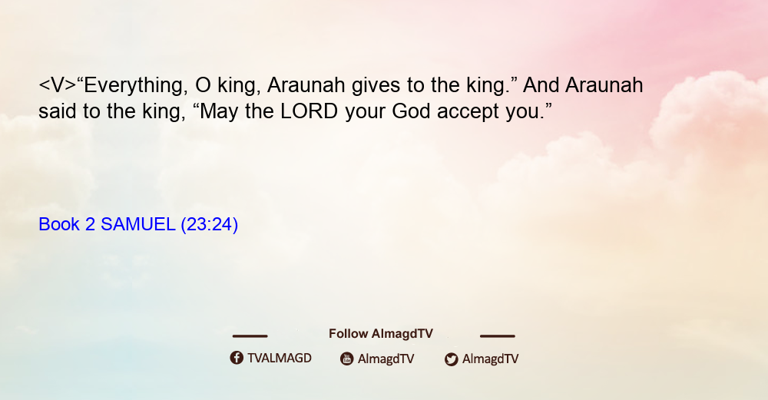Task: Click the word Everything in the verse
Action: pos(136,86)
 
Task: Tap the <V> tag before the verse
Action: pos(58,85)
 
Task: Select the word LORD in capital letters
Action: pos(309,111)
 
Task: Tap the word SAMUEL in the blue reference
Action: pos(137,224)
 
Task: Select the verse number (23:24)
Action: pos(209,225)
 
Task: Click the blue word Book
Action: pos(59,224)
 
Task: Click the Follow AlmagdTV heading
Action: pos(381,333)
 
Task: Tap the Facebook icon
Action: pos(237,358)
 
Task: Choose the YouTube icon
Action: pos(347,359)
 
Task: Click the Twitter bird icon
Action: pos(451,359)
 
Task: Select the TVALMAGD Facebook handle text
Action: pos(280,358)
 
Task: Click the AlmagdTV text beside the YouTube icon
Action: pos(386,359)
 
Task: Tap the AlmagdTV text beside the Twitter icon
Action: pos(490,359)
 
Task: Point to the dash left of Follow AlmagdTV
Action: pos(250,336)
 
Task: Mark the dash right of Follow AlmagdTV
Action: pos(498,336)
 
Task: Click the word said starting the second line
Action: pos(57,111)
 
